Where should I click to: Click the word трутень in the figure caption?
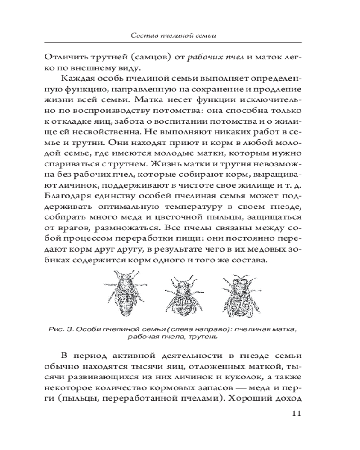205,336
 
